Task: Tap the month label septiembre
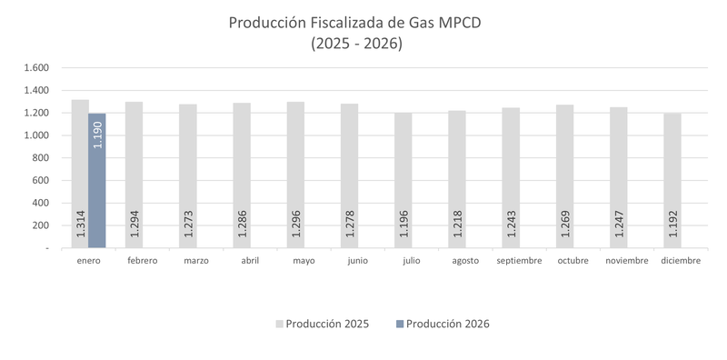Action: [519, 261]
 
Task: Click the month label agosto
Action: [465, 261]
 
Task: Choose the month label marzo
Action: [196, 261]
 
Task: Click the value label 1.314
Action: [80, 225]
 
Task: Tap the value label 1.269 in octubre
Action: [564, 225]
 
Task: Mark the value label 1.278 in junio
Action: [349, 225]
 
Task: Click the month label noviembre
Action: [626, 261]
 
